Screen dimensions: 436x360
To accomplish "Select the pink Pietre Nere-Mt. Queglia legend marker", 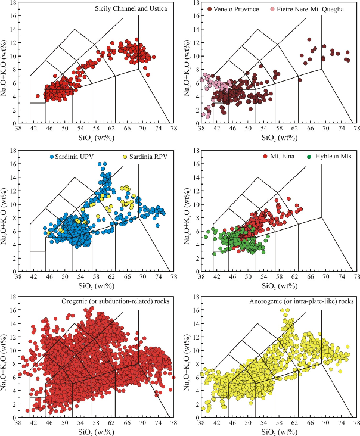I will click(x=272, y=10).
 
